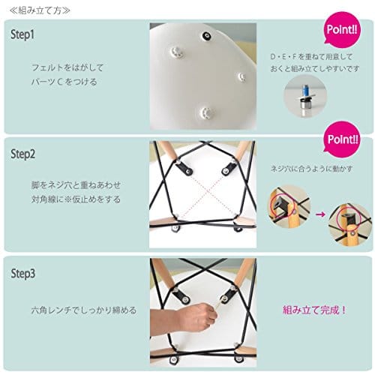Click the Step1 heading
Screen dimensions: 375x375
click(22, 34)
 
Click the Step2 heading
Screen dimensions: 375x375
click(22, 154)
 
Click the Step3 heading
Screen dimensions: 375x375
click(23, 274)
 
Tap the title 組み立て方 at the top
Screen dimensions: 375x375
click(40, 10)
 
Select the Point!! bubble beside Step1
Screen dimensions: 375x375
click(342, 30)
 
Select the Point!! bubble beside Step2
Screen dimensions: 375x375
click(342, 139)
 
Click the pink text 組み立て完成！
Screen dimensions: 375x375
click(314, 310)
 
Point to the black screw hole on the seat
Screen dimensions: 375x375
click(207, 36)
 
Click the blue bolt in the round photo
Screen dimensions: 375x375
click(305, 91)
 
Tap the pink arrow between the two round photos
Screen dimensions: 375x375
click(320, 214)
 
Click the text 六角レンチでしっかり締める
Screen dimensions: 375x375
click(84, 310)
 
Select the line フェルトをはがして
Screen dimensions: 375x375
click(67, 67)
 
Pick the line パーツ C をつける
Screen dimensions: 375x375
click(64, 82)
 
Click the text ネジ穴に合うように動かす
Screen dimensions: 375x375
click(311, 169)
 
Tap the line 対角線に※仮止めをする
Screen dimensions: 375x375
click(76, 199)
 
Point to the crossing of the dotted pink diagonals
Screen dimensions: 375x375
click(208, 191)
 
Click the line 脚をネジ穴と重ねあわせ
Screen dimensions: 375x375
click(76, 185)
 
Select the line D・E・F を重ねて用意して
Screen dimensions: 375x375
click(311, 57)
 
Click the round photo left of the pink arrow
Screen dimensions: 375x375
click(289, 206)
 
